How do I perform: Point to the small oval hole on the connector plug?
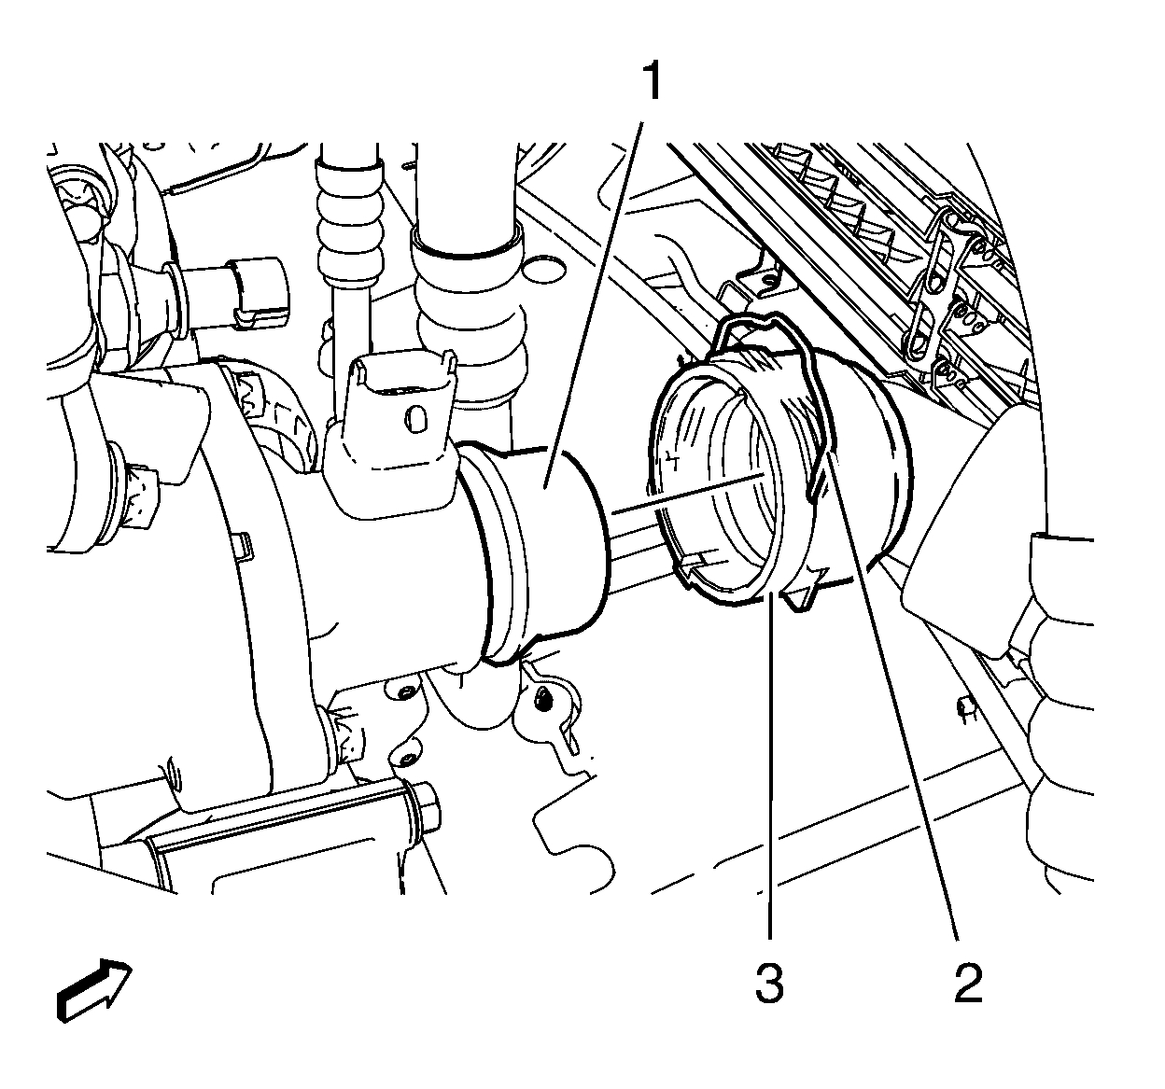pos(412,412)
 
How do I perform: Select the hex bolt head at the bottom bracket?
pos(428,803)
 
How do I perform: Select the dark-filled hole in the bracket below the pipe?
pos(542,696)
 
